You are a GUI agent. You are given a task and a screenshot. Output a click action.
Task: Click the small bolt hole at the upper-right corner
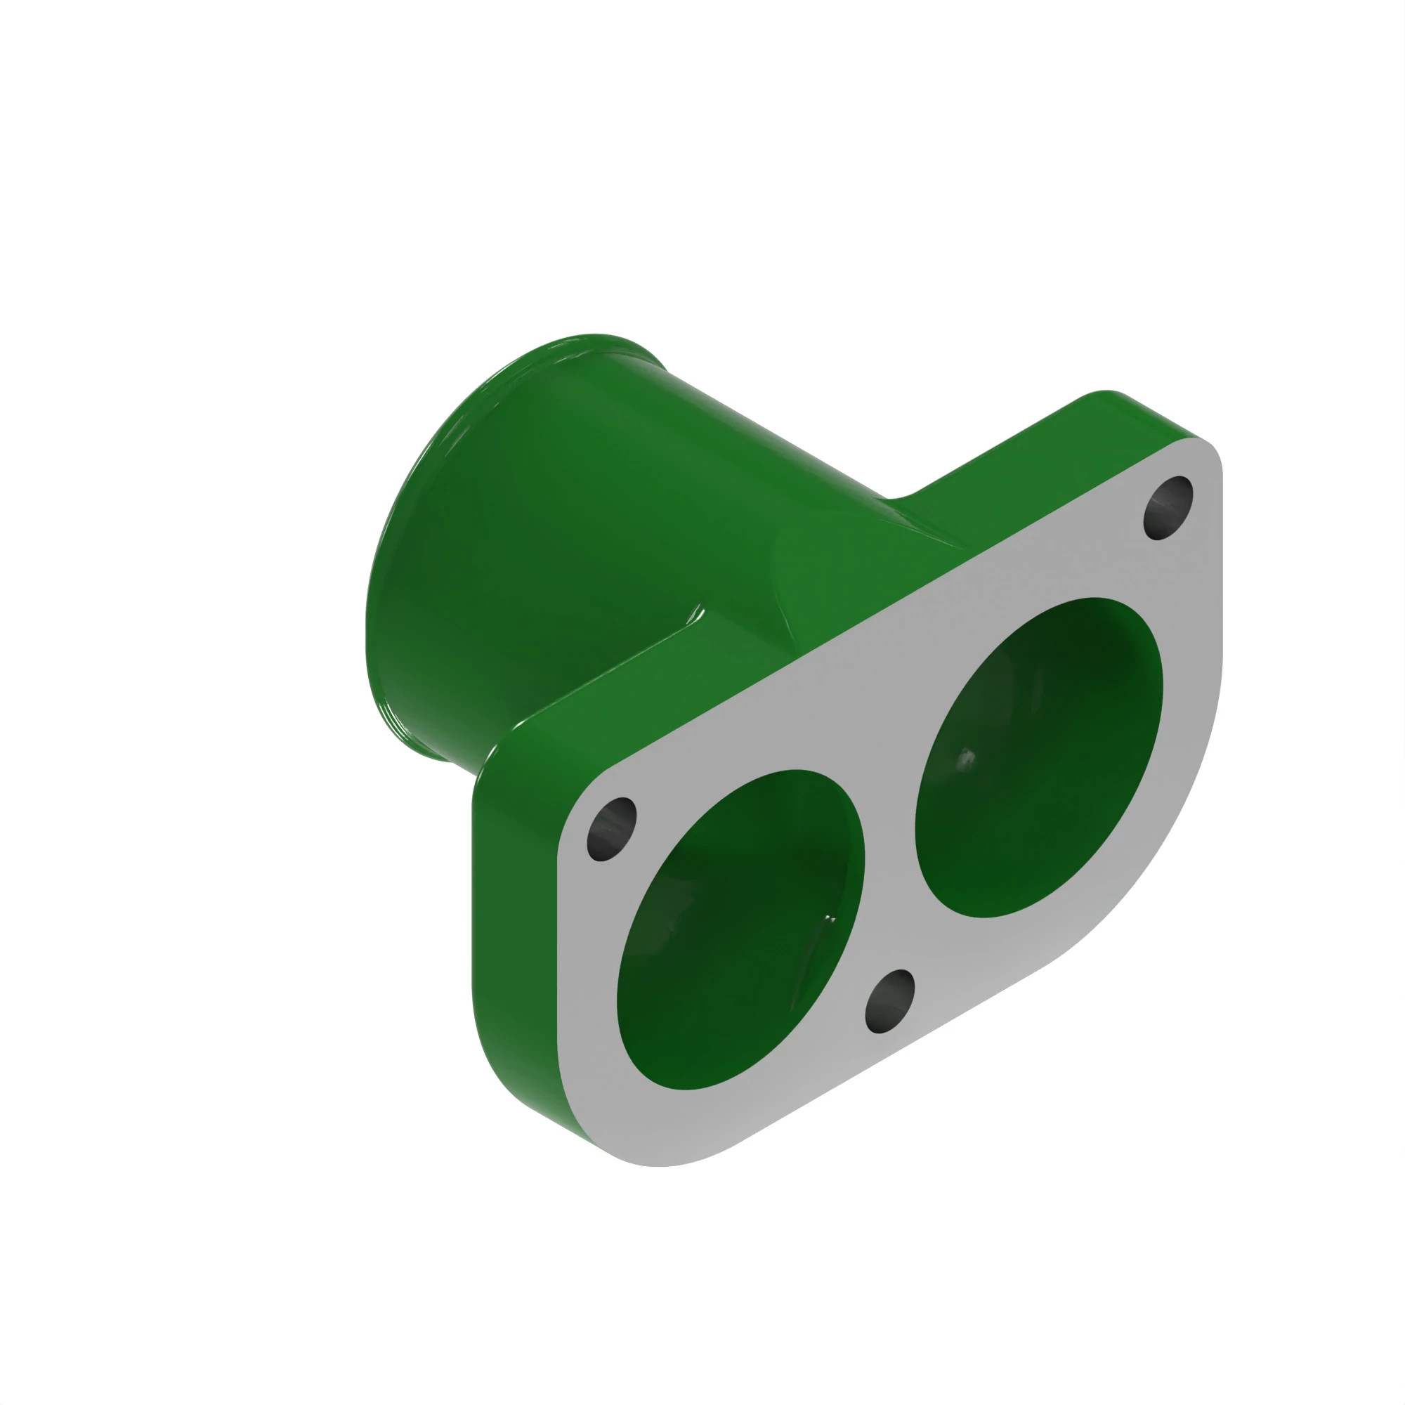coord(1168,508)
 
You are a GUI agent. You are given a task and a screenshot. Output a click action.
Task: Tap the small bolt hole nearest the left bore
coord(612,829)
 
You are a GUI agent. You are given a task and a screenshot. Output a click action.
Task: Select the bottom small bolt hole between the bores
coord(889,1000)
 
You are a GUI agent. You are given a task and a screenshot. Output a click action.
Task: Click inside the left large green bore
coord(735,946)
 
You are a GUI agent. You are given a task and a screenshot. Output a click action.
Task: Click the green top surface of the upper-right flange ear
coord(1054,451)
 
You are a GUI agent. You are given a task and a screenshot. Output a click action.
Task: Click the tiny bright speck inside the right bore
coord(966,758)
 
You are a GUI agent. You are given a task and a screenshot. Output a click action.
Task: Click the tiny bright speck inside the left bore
coord(830,918)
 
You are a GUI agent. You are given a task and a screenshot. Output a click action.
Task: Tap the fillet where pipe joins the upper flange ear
coord(902,502)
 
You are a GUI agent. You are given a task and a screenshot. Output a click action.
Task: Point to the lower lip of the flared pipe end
coord(421,749)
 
